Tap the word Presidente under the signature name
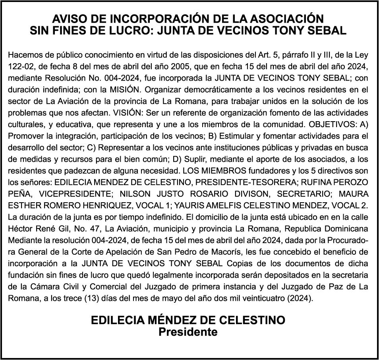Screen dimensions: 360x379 coord(188,332)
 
